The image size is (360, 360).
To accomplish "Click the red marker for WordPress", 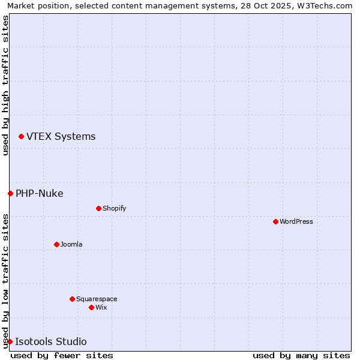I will (275, 221).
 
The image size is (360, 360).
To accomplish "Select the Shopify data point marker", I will (98, 208).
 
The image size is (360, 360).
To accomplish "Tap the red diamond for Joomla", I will (56, 244).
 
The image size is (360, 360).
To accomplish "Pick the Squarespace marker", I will (72, 299).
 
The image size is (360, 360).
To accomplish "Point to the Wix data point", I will (91, 307).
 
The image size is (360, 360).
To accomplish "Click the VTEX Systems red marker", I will (21, 137).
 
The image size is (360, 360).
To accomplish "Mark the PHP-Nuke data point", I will (10, 193).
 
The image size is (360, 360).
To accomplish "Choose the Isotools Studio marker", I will (10, 341).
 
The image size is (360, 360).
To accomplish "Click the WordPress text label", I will (296, 221).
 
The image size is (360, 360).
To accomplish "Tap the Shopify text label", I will (114, 208).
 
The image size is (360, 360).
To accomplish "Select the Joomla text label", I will (71, 244).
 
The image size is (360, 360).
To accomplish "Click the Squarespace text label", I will (97, 299).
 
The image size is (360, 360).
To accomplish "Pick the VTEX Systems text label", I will (61, 137).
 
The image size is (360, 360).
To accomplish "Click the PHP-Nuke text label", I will (40, 193).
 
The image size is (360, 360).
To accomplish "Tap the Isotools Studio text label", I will (51, 341).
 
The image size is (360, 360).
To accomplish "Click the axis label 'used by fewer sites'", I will (62, 355).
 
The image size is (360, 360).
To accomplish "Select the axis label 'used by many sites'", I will (301, 355).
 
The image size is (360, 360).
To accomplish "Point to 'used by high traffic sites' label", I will (5, 85).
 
